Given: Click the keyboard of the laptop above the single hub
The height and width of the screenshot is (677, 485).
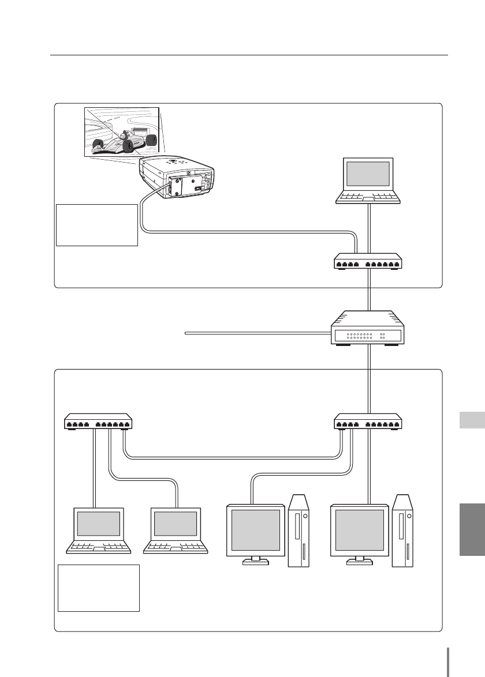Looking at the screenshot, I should [x=368, y=197].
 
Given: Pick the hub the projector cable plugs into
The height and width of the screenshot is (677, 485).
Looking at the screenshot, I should [x=368, y=262].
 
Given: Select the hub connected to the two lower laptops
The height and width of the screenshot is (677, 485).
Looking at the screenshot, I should [x=98, y=423].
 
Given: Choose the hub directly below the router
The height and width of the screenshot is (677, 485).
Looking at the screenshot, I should [x=368, y=423].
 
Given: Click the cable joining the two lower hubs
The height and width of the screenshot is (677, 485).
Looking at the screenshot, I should [x=231, y=458].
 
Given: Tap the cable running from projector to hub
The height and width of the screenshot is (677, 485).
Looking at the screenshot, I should [x=248, y=232].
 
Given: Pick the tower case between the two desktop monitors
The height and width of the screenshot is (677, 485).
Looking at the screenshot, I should [x=299, y=531].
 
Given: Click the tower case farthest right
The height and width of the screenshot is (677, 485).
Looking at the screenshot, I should [x=402, y=531].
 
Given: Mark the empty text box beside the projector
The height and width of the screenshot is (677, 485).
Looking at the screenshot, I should [x=97, y=224].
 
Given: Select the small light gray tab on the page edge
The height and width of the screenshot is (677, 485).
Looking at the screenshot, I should [x=472, y=420].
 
